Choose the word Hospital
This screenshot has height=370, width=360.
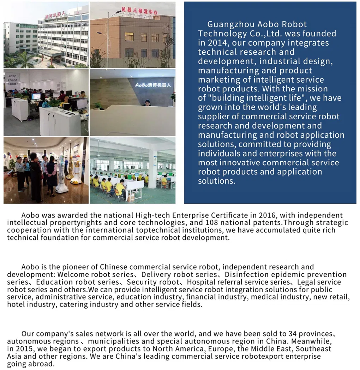(200, 282)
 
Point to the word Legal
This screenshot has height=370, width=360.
(307, 282)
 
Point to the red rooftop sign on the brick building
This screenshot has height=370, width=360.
(139, 11)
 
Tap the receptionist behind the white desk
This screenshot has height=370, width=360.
(147, 103)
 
